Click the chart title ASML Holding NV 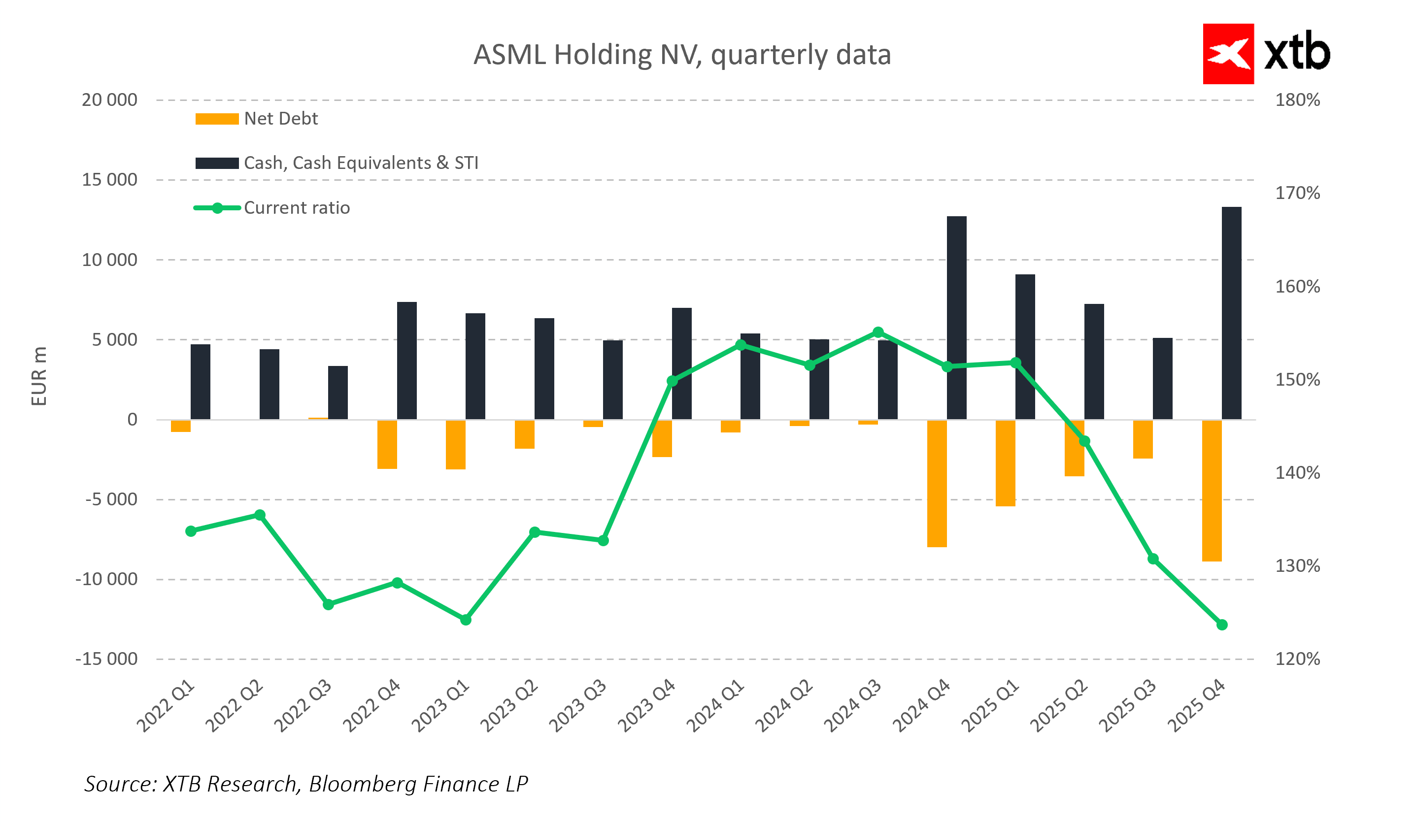681,55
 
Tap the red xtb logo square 1228,54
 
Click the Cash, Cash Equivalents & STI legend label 361,163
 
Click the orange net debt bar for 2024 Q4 937,483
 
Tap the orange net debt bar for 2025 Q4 1212,491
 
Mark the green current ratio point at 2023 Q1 466,620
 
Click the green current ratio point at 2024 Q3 878,332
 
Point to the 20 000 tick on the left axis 109,100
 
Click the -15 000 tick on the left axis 106,659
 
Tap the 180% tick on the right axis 1297,100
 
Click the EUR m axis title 39,376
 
